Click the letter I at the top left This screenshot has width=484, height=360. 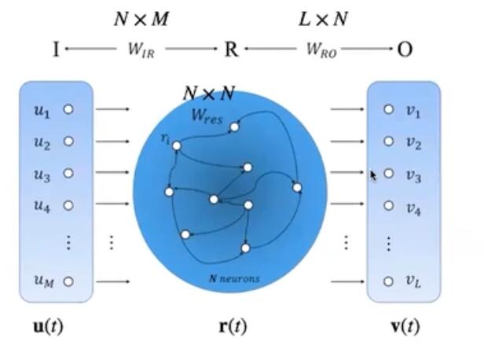click(56, 50)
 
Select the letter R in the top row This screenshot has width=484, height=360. click(231, 50)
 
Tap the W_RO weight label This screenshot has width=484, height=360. click(321, 50)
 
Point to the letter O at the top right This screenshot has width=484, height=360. click(405, 50)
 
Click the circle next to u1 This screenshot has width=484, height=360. click(68, 109)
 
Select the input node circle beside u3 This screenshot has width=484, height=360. click(68, 173)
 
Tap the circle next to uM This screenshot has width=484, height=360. click(68, 281)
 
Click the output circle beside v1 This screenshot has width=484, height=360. click(388, 109)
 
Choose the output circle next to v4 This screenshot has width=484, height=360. click(388, 206)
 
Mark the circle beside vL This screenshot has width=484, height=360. click(388, 281)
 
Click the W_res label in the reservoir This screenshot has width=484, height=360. click(207, 116)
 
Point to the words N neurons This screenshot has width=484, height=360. click(234, 278)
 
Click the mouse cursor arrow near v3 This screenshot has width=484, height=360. click(374, 176)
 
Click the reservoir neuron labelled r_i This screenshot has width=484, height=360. click(177, 145)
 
